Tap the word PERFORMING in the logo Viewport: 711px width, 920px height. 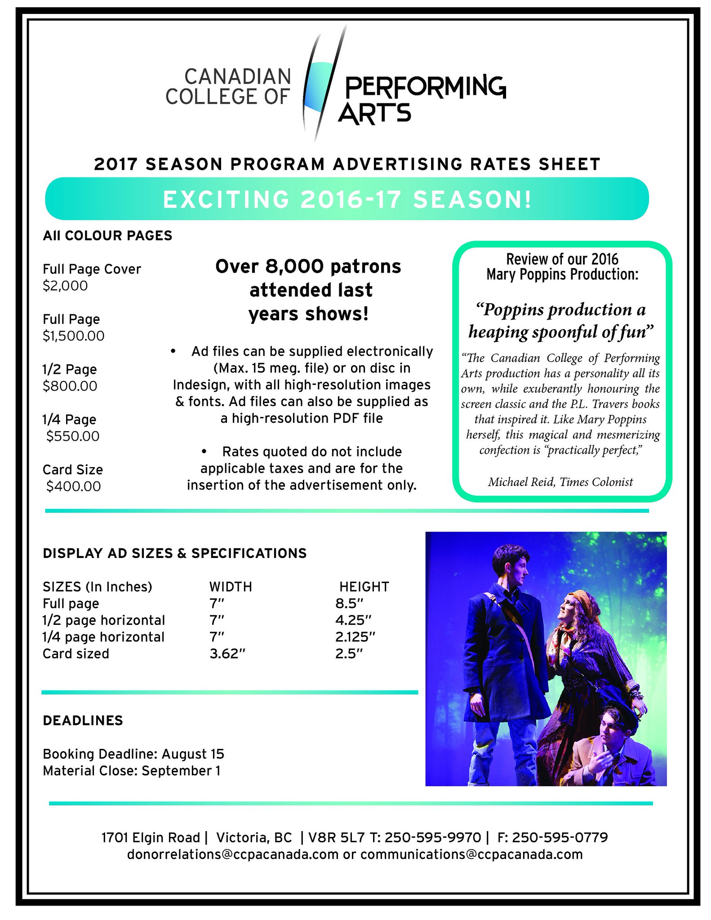pyautogui.click(x=425, y=86)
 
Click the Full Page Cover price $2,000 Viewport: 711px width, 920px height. pyautogui.click(x=65, y=286)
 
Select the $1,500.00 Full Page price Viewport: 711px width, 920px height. pyautogui.click(x=73, y=336)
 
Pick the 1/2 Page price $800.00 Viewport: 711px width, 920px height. pyautogui.click(x=70, y=386)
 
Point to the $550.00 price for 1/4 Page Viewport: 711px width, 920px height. pyautogui.click(x=73, y=436)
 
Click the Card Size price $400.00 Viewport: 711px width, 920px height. pyautogui.click(x=74, y=486)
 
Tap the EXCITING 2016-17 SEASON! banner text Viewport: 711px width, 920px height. pyautogui.click(x=347, y=199)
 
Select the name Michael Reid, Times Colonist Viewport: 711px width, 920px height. pyautogui.click(x=560, y=482)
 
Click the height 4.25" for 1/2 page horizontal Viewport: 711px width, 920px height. pyautogui.click(x=353, y=620)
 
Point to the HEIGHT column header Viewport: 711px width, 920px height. pyautogui.click(x=364, y=587)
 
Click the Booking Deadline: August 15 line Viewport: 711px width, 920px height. pyautogui.click(x=133, y=754)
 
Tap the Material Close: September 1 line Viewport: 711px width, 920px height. pyautogui.click(x=131, y=771)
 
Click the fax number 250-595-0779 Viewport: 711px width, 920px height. pyautogui.click(x=560, y=837)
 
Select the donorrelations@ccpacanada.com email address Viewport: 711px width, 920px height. pyautogui.click(x=232, y=854)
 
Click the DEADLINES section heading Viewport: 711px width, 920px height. pyautogui.click(x=83, y=721)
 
